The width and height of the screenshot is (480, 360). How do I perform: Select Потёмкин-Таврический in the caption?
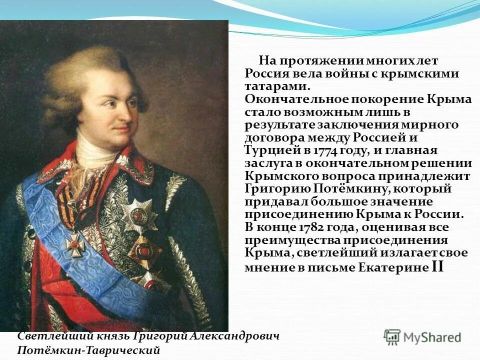[88, 350]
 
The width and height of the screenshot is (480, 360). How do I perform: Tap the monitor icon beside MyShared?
[392, 336]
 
